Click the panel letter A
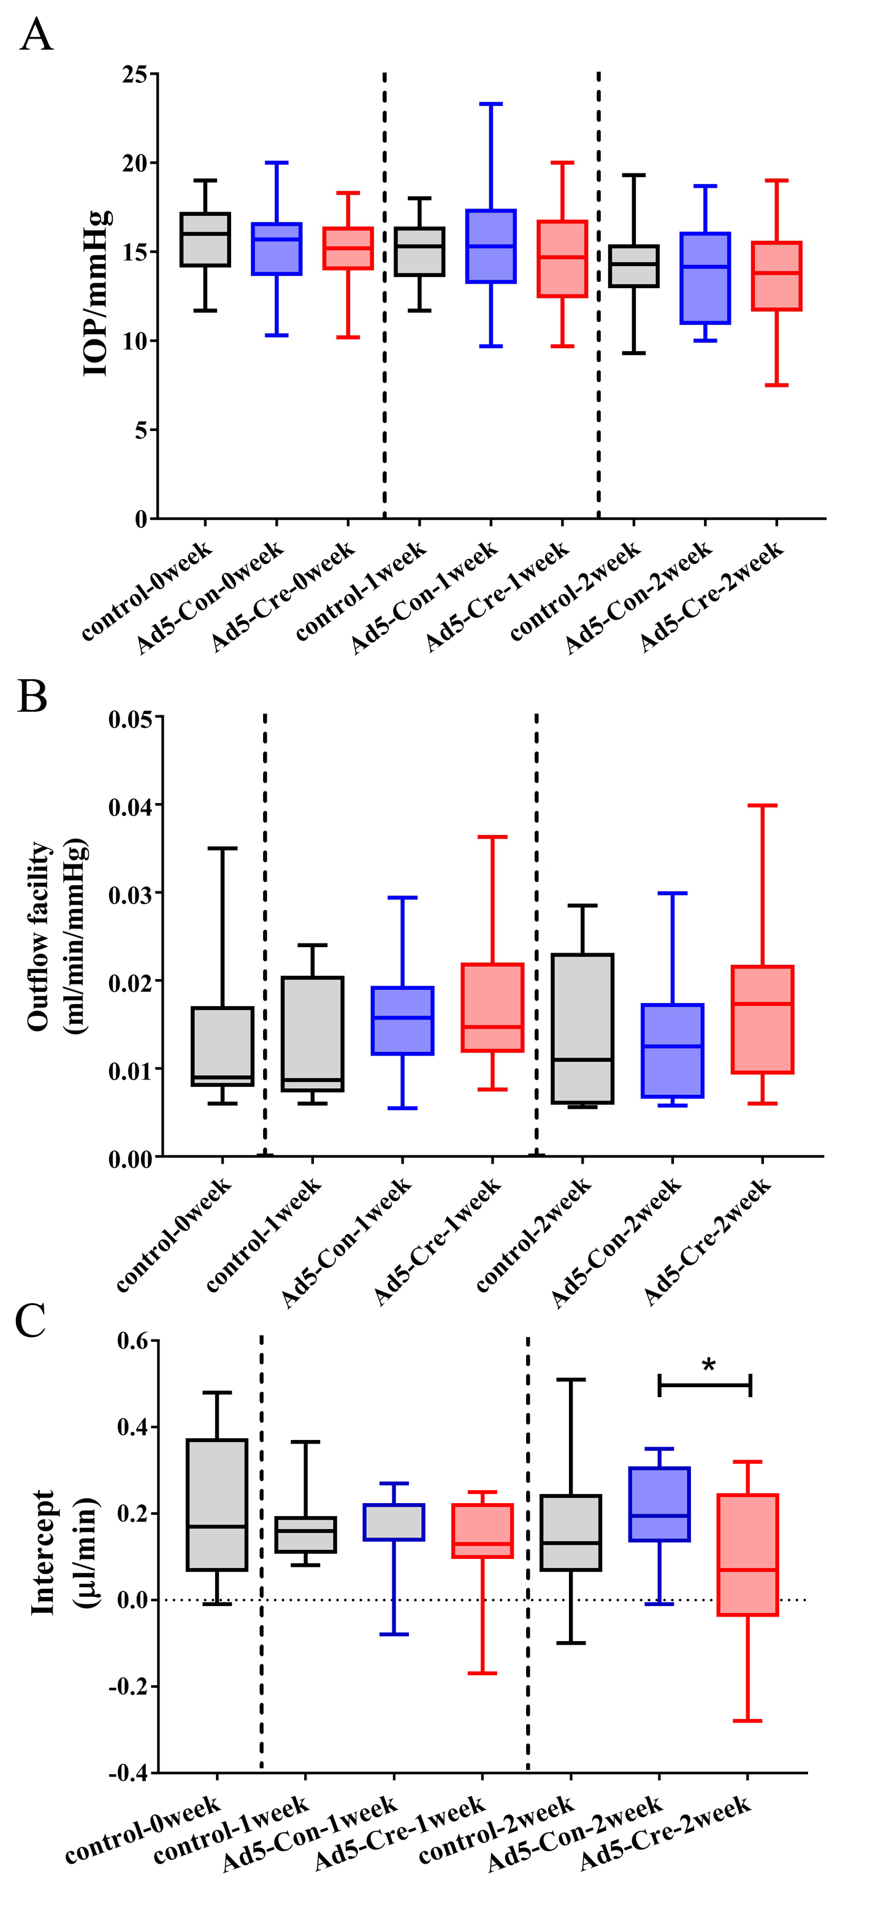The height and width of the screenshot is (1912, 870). tap(36, 35)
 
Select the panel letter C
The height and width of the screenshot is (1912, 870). tap(31, 1320)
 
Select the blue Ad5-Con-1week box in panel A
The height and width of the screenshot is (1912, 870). tap(490, 246)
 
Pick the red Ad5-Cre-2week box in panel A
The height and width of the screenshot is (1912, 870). tap(776, 275)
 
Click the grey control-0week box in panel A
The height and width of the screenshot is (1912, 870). tap(205, 239)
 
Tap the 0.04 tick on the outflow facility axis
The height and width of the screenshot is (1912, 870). tap(131, 806)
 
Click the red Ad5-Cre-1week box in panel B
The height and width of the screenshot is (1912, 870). tap(492, 1007)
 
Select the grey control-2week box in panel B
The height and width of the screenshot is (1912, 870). tap(582, 1029)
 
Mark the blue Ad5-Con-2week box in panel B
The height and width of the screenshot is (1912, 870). tap(673, 1050)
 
